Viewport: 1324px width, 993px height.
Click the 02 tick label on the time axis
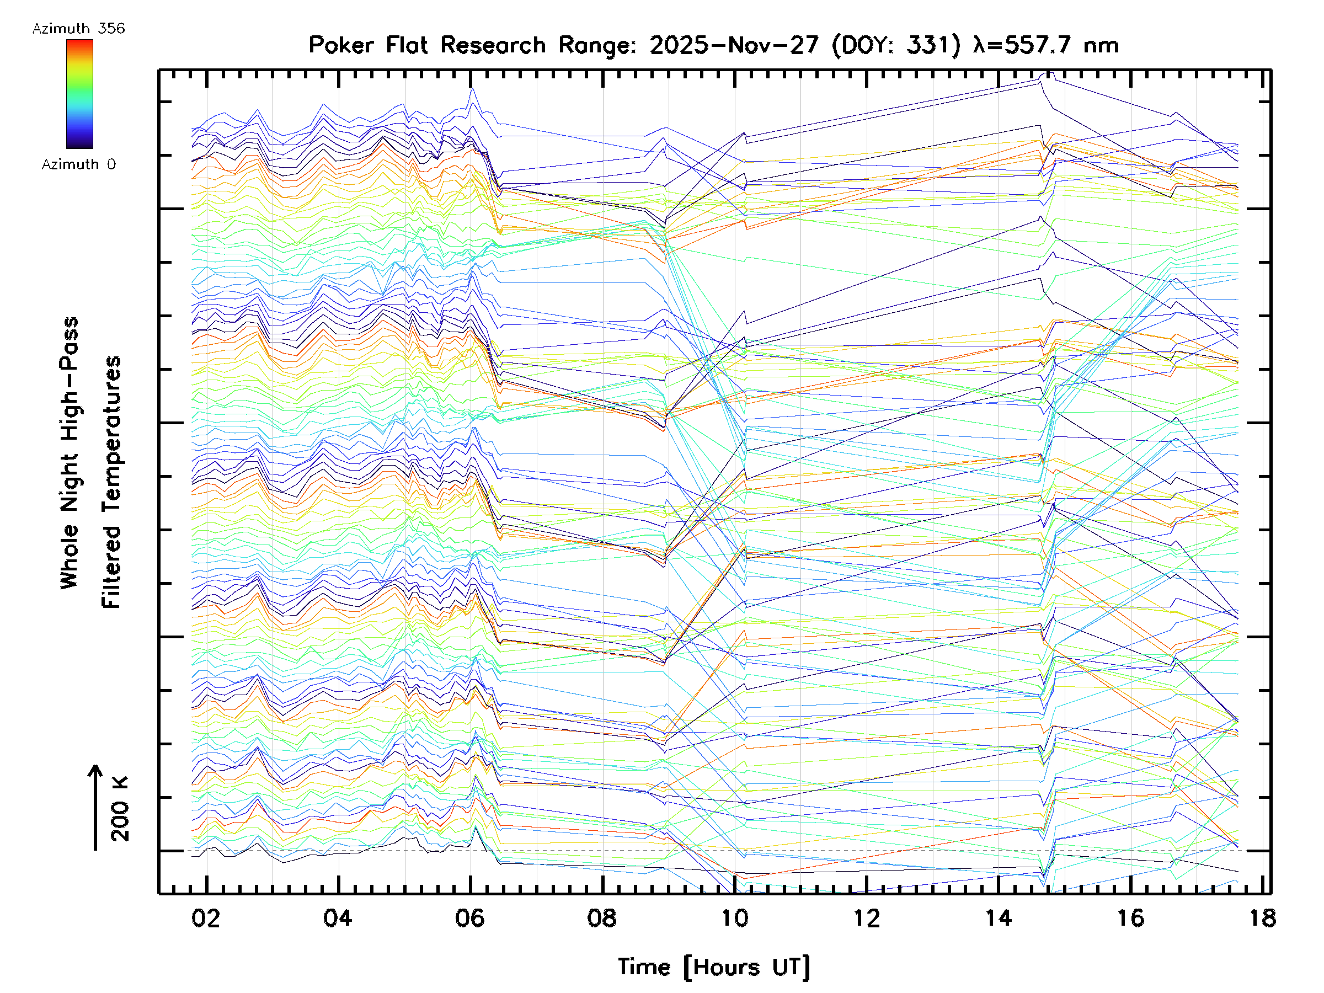[x=206, y=919]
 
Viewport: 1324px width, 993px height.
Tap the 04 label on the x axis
[x=338, y=919]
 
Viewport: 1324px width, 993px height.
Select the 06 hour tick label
[x=470, y=919]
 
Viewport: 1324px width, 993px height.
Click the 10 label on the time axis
[x=734, y=919]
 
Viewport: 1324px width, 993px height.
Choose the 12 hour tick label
[x=866, y=919]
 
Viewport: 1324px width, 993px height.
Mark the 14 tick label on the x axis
[x=999, y=919]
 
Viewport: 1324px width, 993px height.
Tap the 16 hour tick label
[x=1131, y=919]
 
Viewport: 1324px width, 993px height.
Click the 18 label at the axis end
[x=1262, y=919]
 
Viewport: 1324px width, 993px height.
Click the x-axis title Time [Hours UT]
[x=714, y=967]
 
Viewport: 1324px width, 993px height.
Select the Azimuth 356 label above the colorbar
[x=78, y=29]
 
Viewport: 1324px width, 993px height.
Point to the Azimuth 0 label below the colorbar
[x=78, y=164]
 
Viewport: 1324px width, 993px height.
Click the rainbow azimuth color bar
[x=79, y=94]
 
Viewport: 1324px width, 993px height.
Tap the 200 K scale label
[x=120, y=809]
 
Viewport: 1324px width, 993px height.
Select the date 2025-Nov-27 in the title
[x=734, y=45]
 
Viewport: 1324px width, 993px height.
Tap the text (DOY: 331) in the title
[x=896, y=45]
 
